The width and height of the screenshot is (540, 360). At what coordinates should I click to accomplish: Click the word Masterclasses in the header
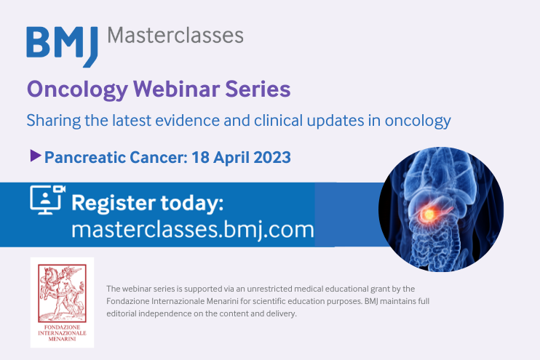pyautogui.click(x=175, y=35)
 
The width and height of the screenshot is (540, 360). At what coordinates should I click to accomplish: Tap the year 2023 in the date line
pyautogui.click(x=270, y=156)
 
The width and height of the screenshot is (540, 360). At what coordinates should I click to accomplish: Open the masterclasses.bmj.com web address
pyautogui.click(x=193, y=231)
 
